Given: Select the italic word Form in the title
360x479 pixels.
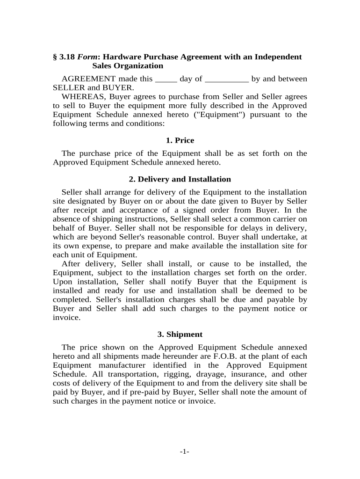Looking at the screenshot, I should (86, 57).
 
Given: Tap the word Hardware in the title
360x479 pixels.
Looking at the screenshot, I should (120, 57).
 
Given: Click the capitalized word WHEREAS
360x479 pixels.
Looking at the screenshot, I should (80, 97).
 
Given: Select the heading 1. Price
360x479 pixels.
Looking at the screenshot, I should (180, 140).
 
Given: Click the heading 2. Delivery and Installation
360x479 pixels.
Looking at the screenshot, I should (180, 179).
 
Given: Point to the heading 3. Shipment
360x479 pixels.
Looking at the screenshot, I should (180, 334).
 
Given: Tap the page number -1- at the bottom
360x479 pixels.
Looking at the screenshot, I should (184, 451).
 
